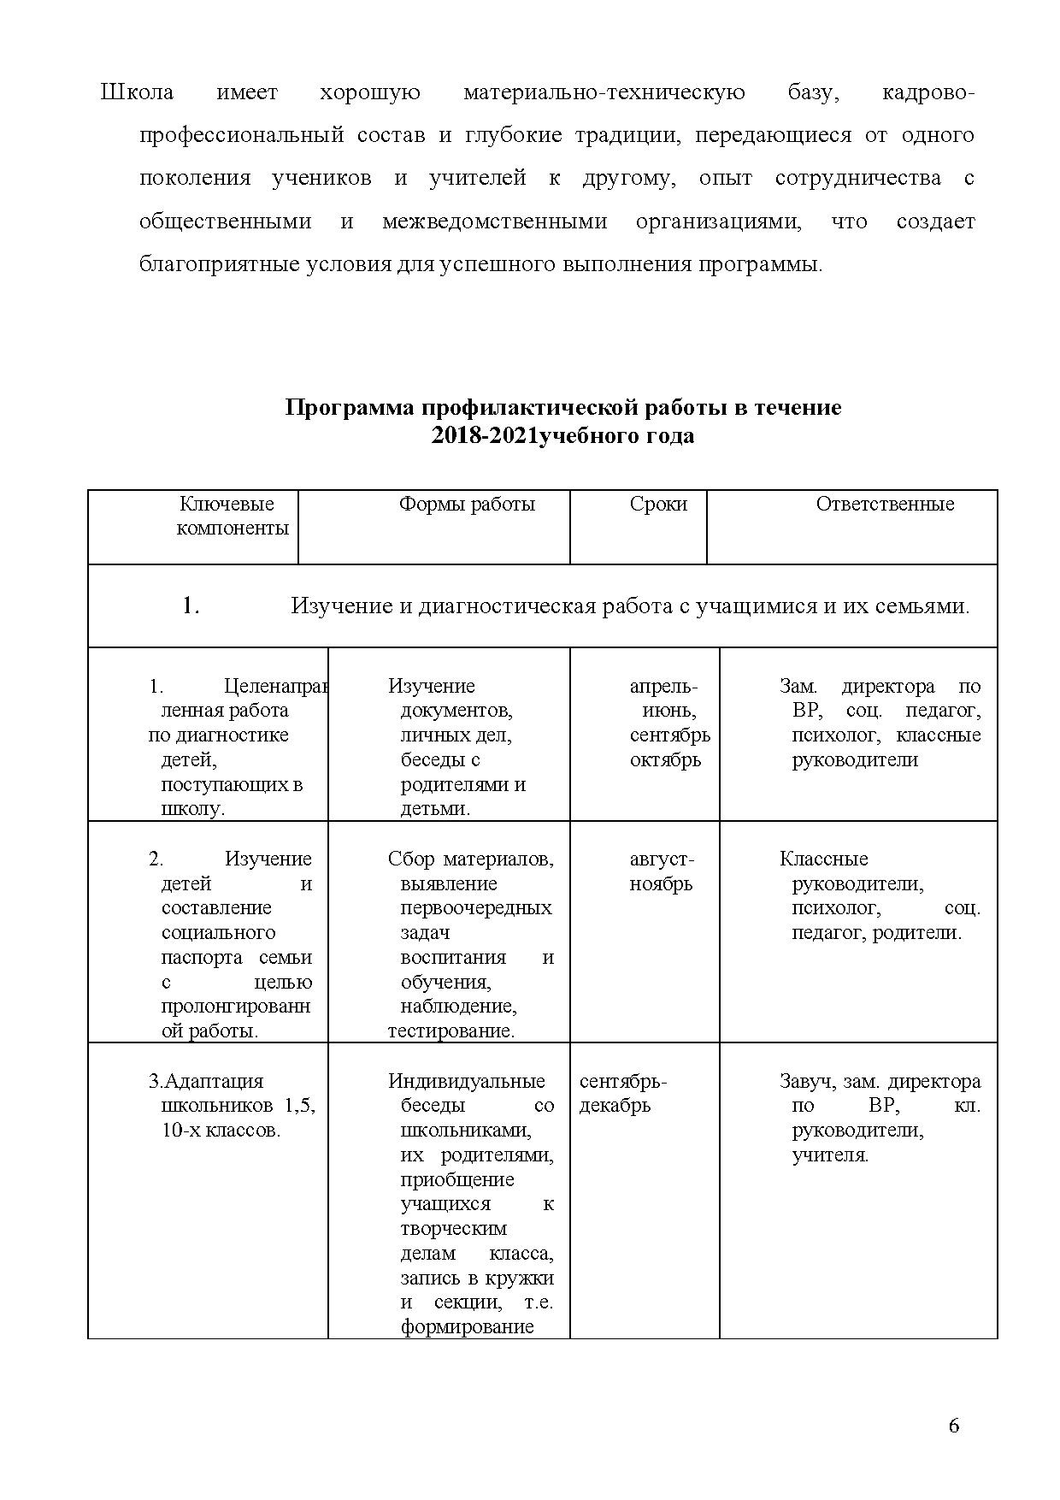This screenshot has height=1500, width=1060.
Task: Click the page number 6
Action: coord(954,1425)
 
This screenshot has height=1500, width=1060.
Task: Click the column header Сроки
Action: coord(658,504)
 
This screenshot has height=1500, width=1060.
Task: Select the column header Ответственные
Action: coord(885,504)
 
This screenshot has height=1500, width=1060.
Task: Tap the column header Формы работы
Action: coord(467,504)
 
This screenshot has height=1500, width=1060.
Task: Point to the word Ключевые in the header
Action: coord(227,504)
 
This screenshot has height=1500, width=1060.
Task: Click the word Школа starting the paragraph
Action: coord(137,92)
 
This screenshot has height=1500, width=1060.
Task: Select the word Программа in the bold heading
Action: coord(350,407)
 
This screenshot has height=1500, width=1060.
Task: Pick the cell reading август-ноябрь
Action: coord(662,871)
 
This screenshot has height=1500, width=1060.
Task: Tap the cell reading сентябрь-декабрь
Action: coord(622,1093)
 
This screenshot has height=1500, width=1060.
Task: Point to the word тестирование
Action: coord(450,1031)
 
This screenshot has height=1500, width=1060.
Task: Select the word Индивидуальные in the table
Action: coord(466,1081)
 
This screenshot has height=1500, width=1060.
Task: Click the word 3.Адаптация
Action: coord(206,1081)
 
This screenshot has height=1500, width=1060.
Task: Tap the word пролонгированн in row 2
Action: coord(236,1006)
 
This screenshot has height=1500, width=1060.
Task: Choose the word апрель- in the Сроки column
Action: coord(663,686)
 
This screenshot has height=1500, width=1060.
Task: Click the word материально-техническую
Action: coord(604,92)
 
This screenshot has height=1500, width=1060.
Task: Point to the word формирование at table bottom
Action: coord(467,1326)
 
